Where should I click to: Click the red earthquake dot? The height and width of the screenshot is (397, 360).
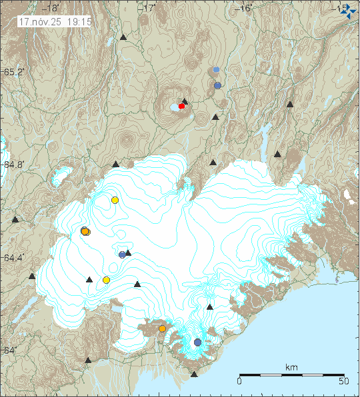click(181, 106)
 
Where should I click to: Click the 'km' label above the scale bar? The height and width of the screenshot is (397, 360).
click(291, 367)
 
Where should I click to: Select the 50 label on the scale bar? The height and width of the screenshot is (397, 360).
click(344, 382)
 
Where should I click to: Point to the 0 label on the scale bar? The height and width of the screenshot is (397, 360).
click(239, 382)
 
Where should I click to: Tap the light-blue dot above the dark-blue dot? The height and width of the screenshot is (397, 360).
click(216, 69)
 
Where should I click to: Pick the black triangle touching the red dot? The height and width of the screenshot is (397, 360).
click(185, 101)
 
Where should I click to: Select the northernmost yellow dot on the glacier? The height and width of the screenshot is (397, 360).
click(115, 200)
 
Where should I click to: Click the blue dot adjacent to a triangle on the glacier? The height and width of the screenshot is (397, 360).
click(122, 254)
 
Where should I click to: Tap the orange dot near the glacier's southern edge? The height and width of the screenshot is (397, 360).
click(162, 328)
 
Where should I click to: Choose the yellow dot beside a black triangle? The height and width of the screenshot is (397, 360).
click(106, 280)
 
